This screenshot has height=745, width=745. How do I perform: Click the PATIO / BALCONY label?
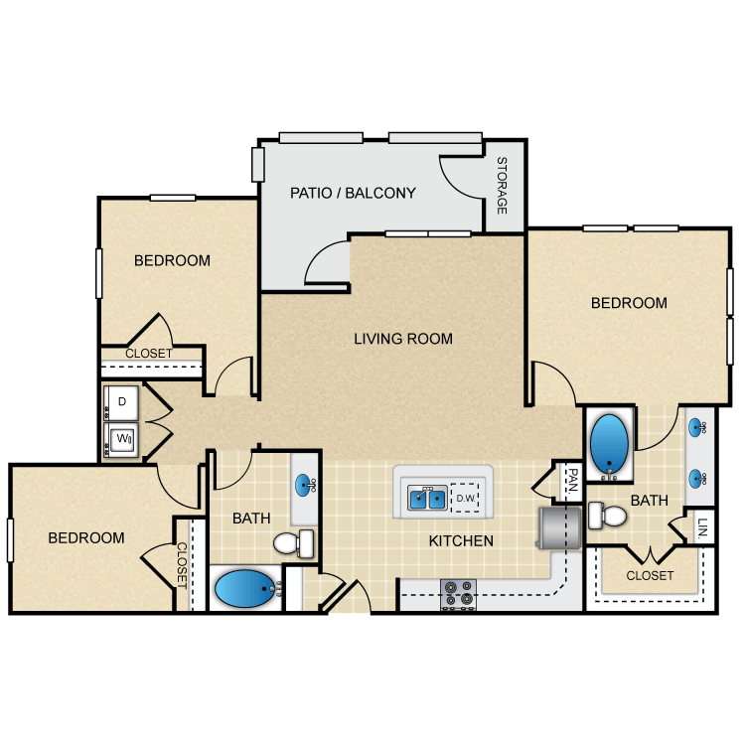pos(353,193)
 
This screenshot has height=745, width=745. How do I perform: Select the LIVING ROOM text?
pos(403,339)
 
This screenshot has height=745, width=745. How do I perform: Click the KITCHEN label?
pos(461,541)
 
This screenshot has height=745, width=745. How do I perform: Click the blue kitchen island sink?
pos(425,498)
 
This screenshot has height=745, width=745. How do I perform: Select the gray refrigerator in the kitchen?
pos(557,527)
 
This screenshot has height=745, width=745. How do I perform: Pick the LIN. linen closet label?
pos(702,525)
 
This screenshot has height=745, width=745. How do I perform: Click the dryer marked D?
pos(122,402)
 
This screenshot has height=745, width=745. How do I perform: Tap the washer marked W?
pos(122,437)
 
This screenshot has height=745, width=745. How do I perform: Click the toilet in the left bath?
pos(294,543)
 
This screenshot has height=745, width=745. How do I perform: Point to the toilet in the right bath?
pos(607,516)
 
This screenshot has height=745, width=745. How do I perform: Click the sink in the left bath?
pos(304,485)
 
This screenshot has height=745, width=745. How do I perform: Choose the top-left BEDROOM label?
pos(172,261)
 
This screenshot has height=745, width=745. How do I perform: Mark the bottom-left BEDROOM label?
pos(86,537)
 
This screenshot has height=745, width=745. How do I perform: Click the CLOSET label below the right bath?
pos(650,575)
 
